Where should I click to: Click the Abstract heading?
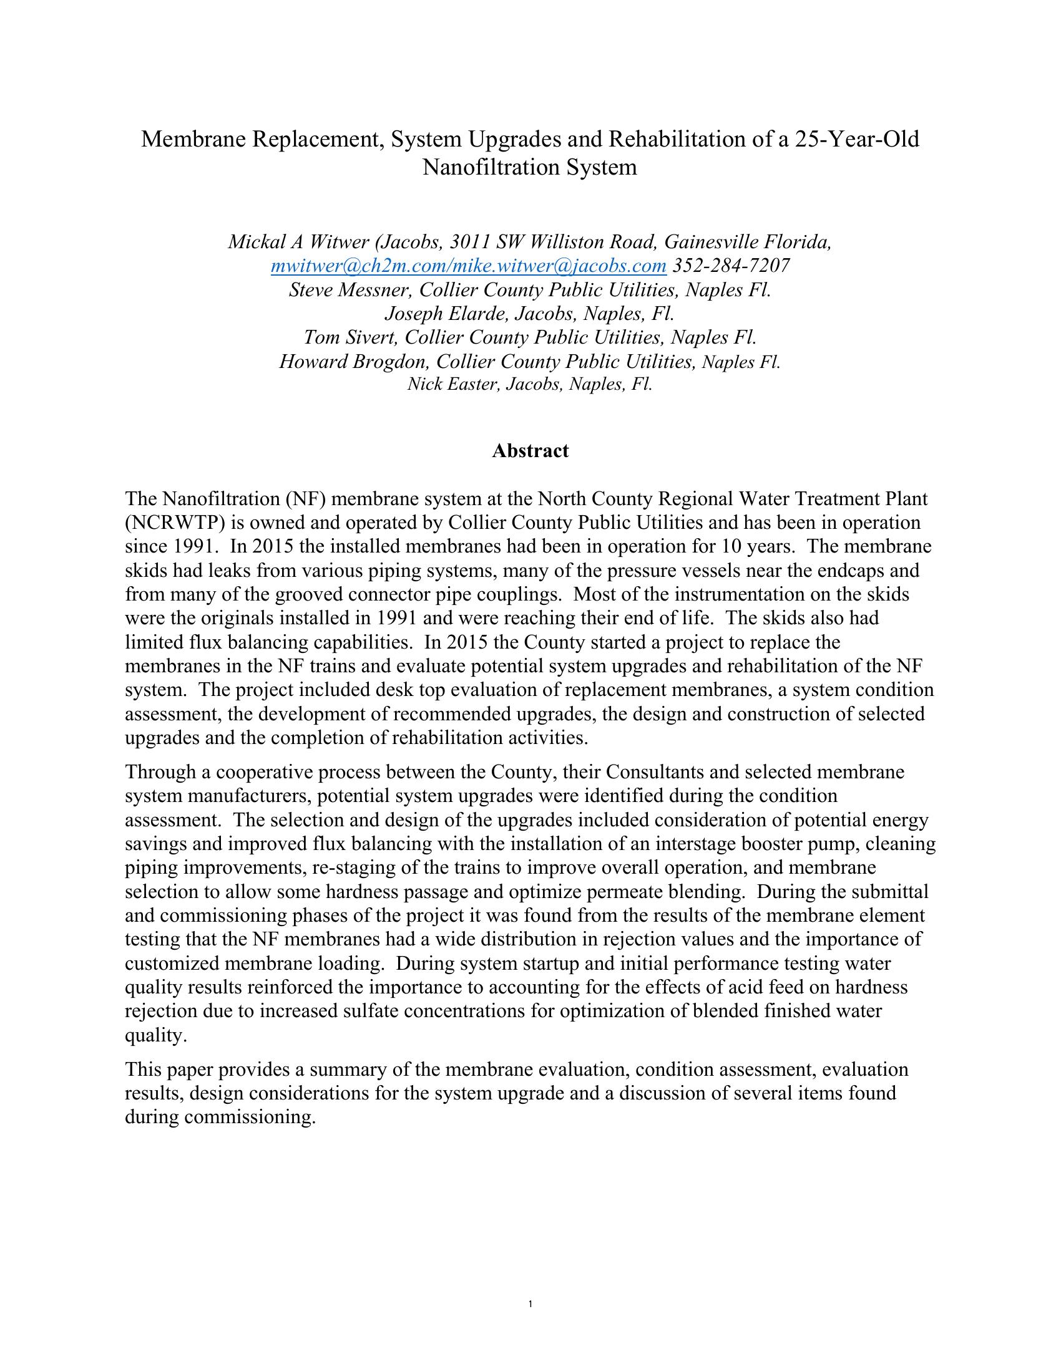pos(530,451)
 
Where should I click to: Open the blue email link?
pos(468,266)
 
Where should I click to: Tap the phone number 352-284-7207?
pos(731,266)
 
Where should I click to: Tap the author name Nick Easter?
pos(452,384)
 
